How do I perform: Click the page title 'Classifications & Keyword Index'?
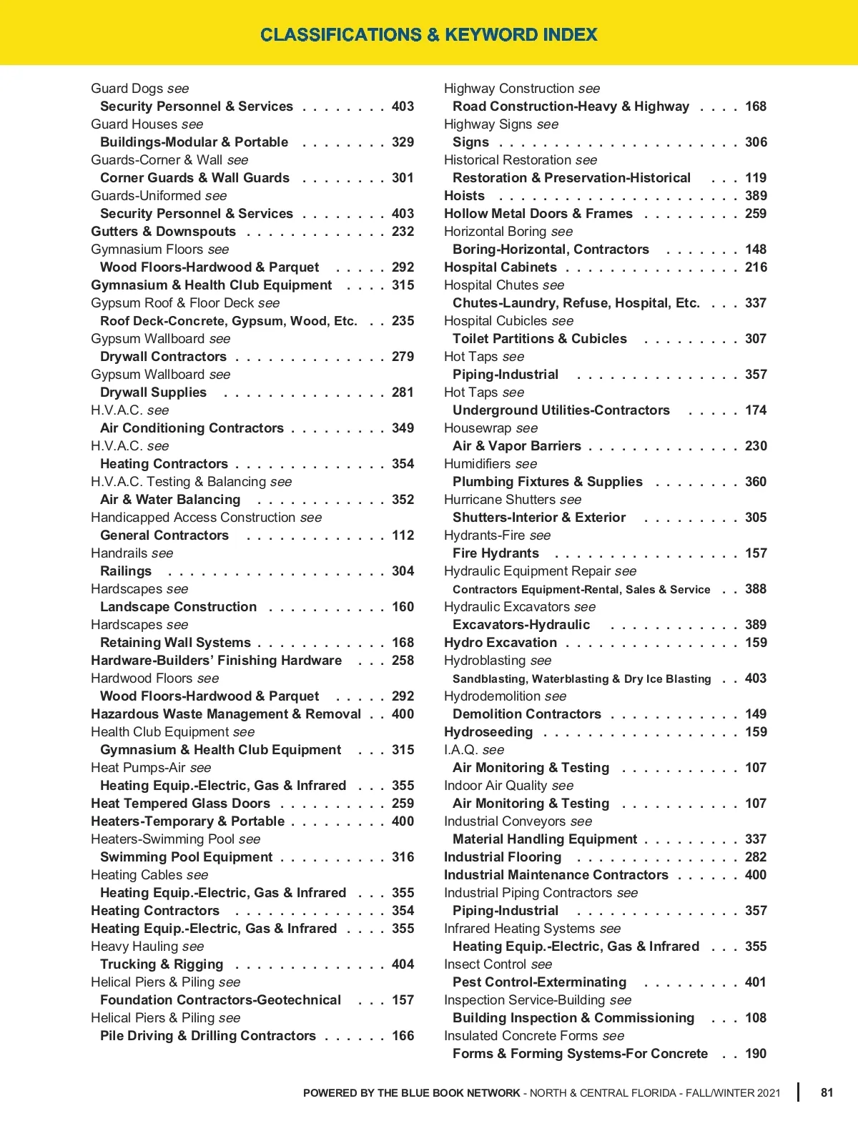[429, 34]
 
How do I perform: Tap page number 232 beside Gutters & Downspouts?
[403, 232]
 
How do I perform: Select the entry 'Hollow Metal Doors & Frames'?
[538, 214]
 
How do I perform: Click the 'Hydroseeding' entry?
[488, 732]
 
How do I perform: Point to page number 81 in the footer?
[827, 1092]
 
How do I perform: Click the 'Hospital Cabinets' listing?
[500, 267]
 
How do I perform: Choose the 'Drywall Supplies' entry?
[153, 392]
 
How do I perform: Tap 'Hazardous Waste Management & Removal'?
[226, 714]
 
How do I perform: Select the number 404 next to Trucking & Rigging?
[403, 964]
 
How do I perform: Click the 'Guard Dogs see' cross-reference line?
[140, 89]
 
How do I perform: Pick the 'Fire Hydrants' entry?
[495, 553]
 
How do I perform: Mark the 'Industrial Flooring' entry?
[503, 857]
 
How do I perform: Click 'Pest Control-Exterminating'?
[539, 982]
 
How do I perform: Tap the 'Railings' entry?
[126, 571]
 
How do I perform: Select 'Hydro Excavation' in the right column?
[500, 643]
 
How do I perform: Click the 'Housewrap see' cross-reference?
[490, 428]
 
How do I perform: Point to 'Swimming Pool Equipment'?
[186, 857]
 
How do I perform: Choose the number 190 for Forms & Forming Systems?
[755, 1054]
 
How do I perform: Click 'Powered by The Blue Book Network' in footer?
[411, 1093]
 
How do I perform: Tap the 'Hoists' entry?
[464, 196]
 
